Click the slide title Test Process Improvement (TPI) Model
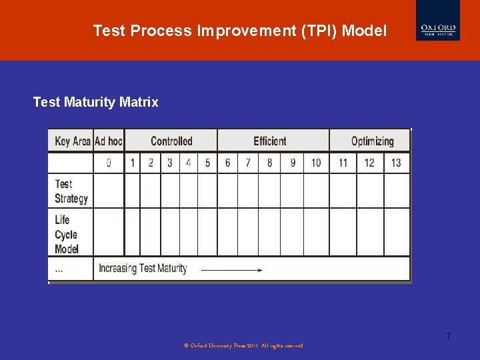click(x=239, y=31)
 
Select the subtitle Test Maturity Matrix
click(x=95, y=102)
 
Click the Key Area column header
click(x=72, y=141)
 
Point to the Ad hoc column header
click(x=109, y=141)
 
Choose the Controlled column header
click(x=171, y=141)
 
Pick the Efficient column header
click(x=270, y=141)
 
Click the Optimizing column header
click(x=372, y=141)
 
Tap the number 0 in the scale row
click(x=109, y=163)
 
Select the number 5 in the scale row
click(x=207, y=163)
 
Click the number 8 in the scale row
click(x=269, y=163)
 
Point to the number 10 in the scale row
click(x=316, y=163)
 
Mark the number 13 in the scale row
click(x=396, y=163)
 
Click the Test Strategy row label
click(x=71, y=191)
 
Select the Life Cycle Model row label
click(x=67, y=234)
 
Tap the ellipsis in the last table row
click(x=59, y=269)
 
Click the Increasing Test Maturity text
click(x=143, y=269)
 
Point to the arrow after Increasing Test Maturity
click(x=231, y=270)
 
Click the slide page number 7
click(x=449, y=336)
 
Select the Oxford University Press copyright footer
click(x=243, y=345)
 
